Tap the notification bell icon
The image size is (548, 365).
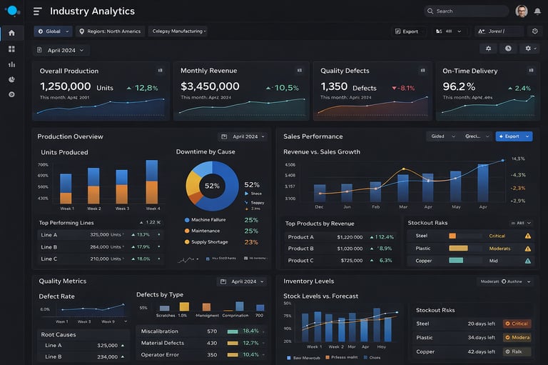[537, 11]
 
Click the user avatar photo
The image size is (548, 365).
[522, 11]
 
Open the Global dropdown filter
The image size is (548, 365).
[54, 31]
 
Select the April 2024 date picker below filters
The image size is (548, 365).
[61, 51]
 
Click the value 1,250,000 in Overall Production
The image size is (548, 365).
[65, 87]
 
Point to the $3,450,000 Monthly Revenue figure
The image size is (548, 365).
[210, 87]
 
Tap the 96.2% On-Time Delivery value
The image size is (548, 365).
[459, 87]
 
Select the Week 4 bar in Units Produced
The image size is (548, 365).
[152, 182]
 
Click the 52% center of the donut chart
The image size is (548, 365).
[212, 186]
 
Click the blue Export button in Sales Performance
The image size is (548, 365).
[514, 136]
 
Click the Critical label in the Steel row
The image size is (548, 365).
[497, 236]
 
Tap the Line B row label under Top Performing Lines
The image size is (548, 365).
[49, 247]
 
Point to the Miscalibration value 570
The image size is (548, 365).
[212, 331]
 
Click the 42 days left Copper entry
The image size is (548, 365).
[482, 351]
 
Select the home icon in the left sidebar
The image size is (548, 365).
[11, 33]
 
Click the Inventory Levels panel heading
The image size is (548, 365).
[309, 281]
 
